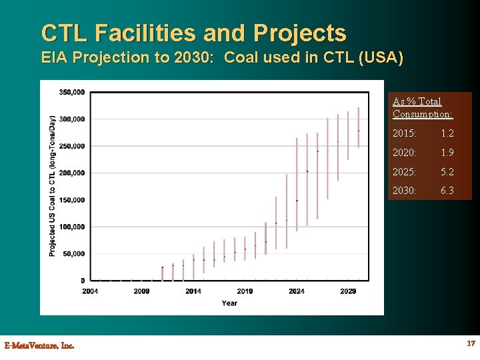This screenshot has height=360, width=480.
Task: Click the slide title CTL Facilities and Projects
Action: pos(194,33)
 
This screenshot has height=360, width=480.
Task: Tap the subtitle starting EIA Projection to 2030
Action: pos(222,57)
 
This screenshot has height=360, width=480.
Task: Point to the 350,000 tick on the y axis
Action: pos(72,92)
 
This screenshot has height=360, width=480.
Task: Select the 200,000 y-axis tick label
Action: pos(72,173)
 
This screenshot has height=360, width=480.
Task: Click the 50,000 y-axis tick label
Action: pos(73,254)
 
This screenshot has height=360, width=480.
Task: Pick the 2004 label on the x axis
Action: pos(90,291)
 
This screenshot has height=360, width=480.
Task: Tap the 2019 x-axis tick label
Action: pos(245,291)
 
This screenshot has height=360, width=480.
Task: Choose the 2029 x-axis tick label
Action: pos(348,291)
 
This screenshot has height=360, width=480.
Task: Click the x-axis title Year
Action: pos(229,303)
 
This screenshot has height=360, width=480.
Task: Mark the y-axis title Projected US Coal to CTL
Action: pos(52,186)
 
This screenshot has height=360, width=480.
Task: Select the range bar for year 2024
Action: pos(297,184)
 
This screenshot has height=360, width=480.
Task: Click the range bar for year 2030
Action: pos(359,127)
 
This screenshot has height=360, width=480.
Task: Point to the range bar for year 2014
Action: pos(193,266)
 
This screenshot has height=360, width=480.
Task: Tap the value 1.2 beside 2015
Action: pos(447,133)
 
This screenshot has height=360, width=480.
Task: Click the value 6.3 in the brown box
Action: pos(447,191)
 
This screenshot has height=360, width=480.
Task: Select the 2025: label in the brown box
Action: pos(405,172)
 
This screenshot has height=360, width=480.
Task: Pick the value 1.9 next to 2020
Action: pos(447,153)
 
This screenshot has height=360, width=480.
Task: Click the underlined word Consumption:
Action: pos(423,114)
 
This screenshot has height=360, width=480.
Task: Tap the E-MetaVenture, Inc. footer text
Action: pos(39,345)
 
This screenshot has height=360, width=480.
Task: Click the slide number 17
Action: pos(471,343)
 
